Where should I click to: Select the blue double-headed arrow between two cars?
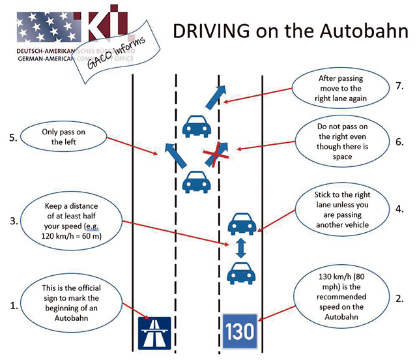coord(240,248)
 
